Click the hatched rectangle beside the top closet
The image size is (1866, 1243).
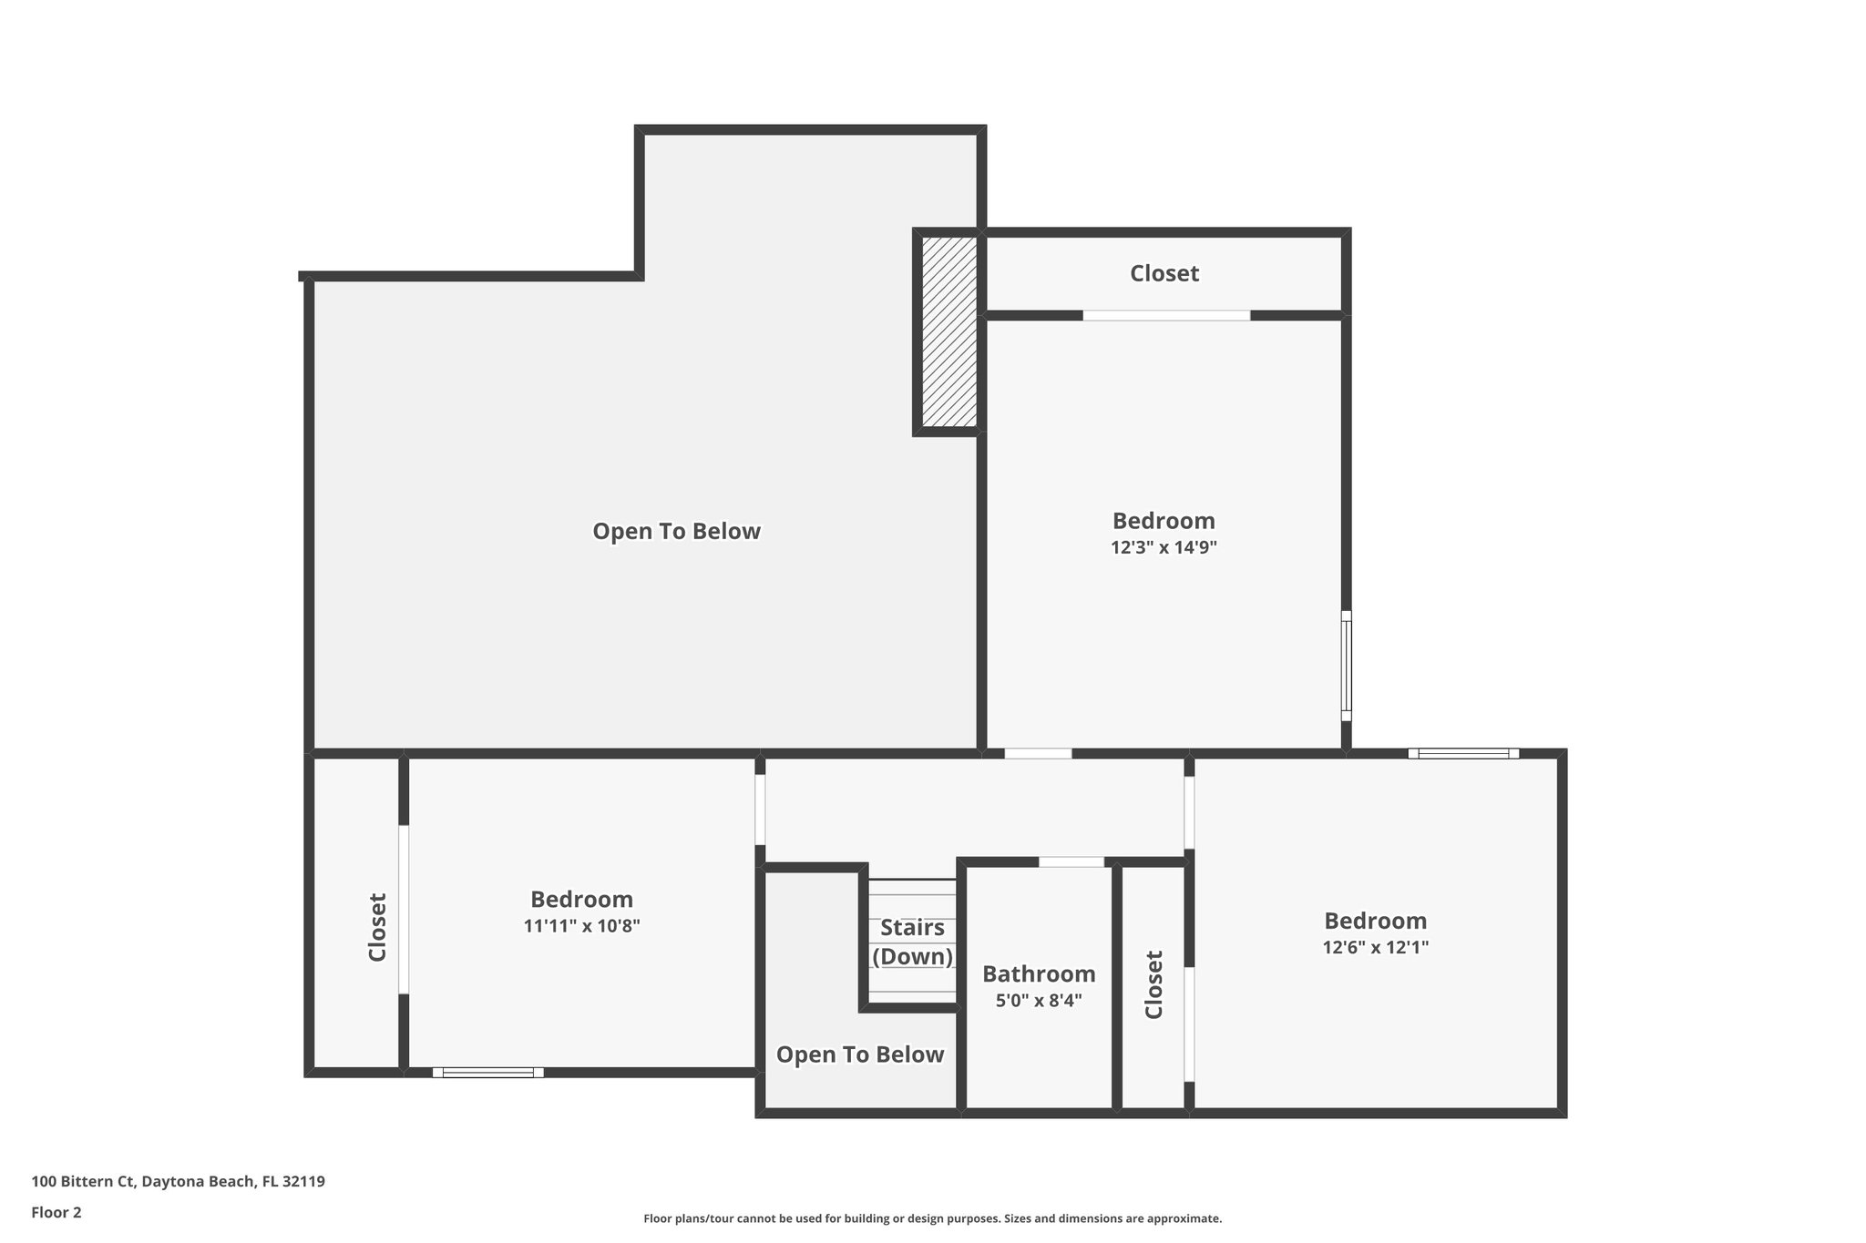coord(948,332)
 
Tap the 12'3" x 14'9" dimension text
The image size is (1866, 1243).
coord(1164,547)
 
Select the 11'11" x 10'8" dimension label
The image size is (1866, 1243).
coord(581,926)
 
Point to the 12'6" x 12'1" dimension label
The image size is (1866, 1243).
coord(1375,947)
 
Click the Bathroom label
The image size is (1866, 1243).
coord(1039,973)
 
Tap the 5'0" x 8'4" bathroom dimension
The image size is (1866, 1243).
coord(1039,1001)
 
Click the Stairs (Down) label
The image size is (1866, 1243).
coord(912,942)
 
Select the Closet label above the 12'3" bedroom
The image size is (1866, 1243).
coord(1164,273)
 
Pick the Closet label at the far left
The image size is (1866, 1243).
coord(377,927)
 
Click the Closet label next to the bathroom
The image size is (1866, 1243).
coord(1153,984)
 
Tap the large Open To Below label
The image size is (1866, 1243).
coord(676,531)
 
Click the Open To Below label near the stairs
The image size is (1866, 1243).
coord(859,1055)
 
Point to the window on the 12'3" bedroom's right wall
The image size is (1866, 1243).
coord(1346,666)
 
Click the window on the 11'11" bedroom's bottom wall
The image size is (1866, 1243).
coord(487,1073)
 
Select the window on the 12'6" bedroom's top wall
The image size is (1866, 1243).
coord(1463,753)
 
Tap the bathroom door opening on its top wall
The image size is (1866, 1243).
coord(1071,861)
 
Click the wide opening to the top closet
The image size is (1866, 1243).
coord(1166,315)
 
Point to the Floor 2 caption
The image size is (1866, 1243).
coord(56,1212)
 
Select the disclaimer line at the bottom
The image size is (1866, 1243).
coord(932,1218)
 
